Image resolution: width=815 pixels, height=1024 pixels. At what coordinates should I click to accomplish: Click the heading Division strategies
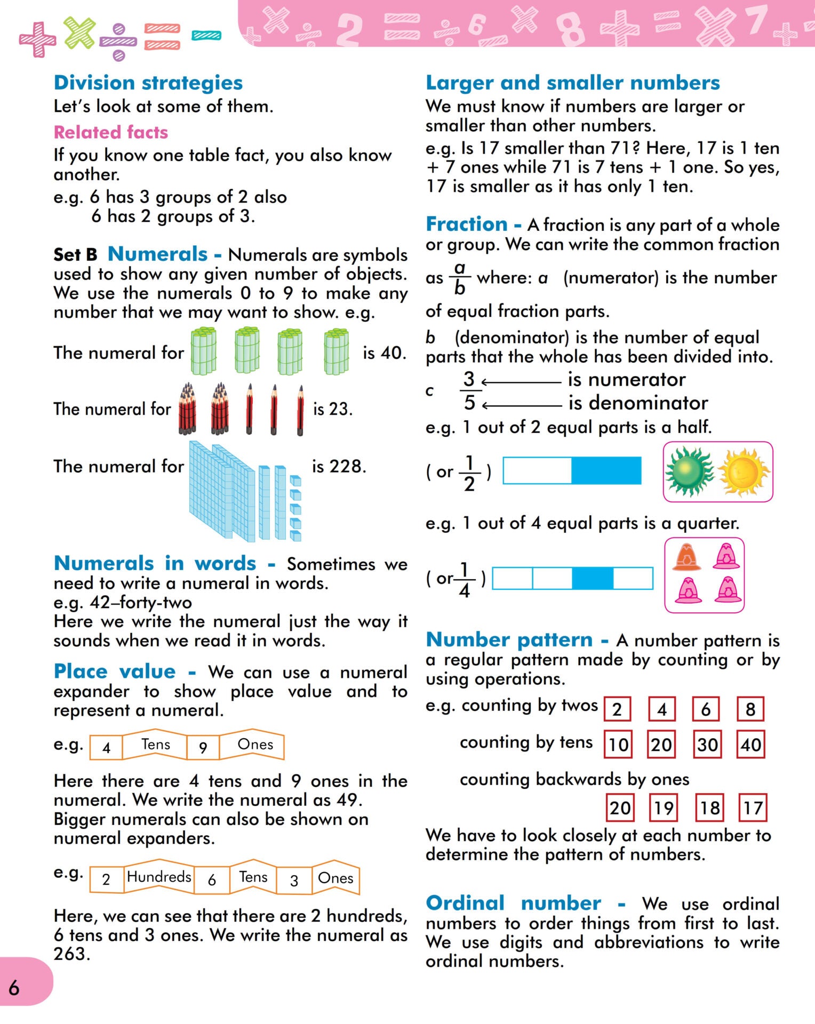148,83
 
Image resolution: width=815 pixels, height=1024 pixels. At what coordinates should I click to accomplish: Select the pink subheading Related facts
111,132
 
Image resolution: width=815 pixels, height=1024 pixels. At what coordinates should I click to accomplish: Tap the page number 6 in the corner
14,988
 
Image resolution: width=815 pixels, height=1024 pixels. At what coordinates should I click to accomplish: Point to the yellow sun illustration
744,471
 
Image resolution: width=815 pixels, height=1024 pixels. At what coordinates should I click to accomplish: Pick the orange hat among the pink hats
687,557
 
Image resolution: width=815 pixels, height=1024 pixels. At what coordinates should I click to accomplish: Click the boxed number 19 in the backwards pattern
664,807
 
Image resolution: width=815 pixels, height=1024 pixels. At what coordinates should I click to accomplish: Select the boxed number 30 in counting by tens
707,744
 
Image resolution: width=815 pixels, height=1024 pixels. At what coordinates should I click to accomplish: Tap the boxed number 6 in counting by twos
706,709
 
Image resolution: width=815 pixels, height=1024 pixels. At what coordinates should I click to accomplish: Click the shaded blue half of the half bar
606,470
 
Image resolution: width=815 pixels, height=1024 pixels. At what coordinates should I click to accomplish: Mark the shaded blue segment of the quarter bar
593,578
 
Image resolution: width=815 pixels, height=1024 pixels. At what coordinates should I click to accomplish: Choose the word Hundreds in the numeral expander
159,877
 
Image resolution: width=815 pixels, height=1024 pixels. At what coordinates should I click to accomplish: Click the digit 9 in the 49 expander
203,748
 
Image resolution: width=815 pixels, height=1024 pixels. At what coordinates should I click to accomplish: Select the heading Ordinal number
513,903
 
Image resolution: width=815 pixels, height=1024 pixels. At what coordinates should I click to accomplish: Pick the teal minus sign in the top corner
206,36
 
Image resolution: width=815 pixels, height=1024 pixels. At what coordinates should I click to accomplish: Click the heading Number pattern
509,639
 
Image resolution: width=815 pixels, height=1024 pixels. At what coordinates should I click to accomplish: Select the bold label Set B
75,255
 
